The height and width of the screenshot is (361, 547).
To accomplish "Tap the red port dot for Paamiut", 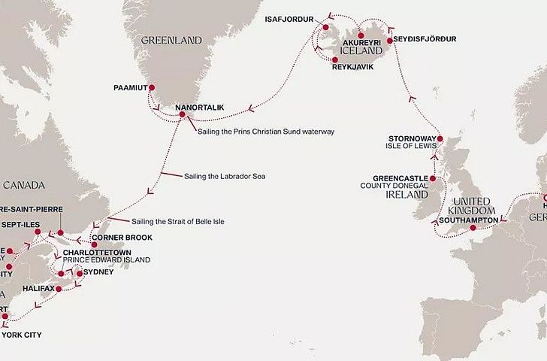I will tap(152, 88).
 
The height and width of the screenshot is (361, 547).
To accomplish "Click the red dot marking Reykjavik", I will tap(334, 59).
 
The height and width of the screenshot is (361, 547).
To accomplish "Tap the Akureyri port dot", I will tap(361, 35).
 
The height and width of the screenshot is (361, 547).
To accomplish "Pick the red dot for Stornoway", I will tap(440, 138).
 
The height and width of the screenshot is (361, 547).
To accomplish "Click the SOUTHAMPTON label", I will tap(465, 220).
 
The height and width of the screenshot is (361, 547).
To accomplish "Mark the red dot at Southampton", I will tap(473, 228).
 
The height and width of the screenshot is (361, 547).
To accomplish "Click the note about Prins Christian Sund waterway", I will tap(266, 132).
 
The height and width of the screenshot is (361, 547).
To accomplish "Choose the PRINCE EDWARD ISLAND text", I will tap(107, 260).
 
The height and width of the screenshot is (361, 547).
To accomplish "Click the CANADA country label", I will tap(24, 185).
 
